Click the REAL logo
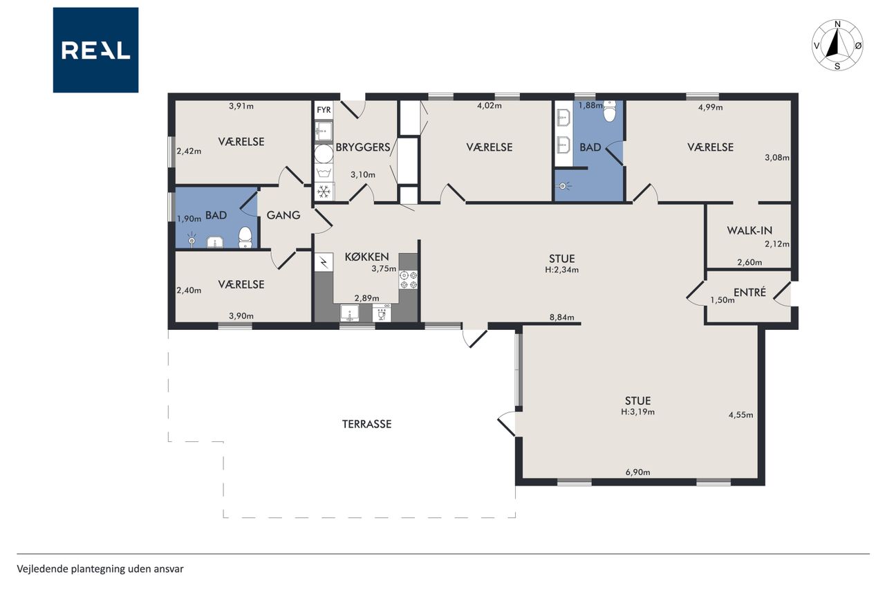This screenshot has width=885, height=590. click(x=95, y=50)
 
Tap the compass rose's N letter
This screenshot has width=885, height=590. click(x=837, y=24)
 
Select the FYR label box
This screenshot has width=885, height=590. click(x=324, y=109)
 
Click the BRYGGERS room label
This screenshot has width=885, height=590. click(x=363, y=147)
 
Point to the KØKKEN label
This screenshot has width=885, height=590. click(x=366, y=257)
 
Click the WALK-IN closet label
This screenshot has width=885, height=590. click(x=749, y=230)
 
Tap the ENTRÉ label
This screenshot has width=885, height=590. click(x=749, y=292)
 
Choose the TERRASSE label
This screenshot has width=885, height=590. click(x=366, y=424)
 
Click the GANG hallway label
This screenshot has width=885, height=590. click(x=283, y=215)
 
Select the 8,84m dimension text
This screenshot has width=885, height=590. click(x=561, y=317)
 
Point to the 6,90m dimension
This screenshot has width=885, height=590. click(x=637, y=472)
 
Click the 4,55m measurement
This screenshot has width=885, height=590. click(x=740, y=415)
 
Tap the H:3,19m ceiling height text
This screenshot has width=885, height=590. click(x=637, y=412)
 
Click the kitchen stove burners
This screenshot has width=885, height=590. click(x=409, y=280)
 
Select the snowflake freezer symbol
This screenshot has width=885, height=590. click(x=324, y=192)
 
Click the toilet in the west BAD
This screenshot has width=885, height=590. click(x=245, y=237)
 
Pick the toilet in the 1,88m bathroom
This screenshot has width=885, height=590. click(x=610, y=111)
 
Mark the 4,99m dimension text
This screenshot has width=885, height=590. click(x=710, y=107)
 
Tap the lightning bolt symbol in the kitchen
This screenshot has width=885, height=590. click(x=324, y=262)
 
